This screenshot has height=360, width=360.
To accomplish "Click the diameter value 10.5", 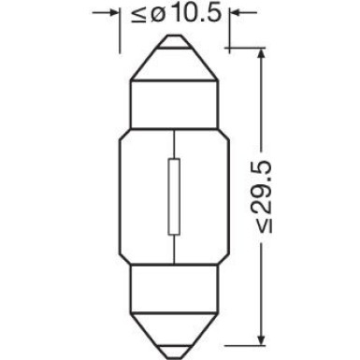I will tap(188, 15).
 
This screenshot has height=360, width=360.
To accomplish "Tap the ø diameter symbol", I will tap(154, 15).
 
